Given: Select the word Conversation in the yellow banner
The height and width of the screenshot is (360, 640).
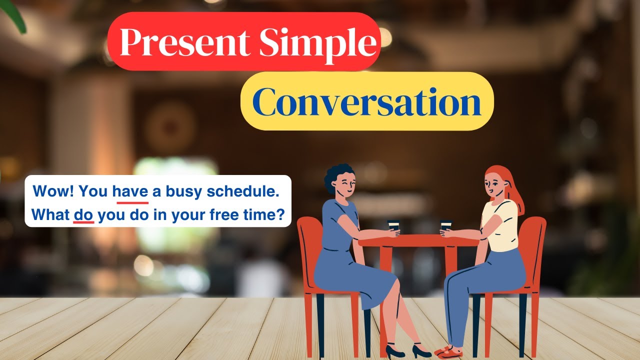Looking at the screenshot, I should [367, 102].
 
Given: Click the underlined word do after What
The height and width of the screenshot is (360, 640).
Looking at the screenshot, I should [83, 215].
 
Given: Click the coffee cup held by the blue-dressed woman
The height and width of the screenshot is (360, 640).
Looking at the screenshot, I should [393, 226].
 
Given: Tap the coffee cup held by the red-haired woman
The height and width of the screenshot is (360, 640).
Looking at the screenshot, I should [445, 226].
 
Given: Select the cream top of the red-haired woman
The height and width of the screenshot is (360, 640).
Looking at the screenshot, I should [500, 225].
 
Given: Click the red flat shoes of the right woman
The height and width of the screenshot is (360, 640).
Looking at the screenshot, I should [447, 352].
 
